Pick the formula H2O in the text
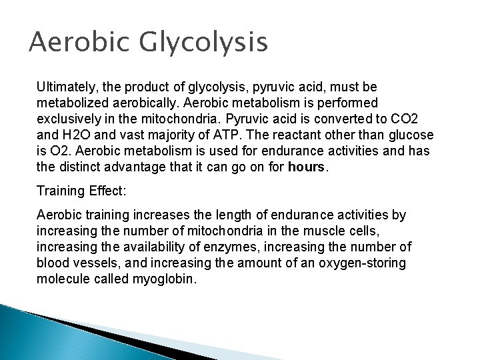[72, 134]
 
